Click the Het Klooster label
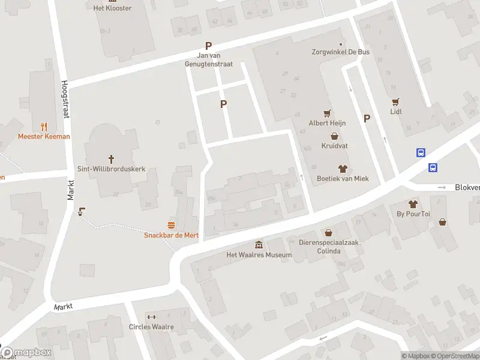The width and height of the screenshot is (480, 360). click(x=112, y=8)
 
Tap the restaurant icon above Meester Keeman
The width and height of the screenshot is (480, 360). click(x=44, y=127)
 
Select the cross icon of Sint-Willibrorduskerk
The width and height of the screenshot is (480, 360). click(x=111, y=159)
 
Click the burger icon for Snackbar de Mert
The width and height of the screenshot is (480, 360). click(x=172, y=225)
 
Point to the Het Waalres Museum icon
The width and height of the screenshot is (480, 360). click(x=259, y=245)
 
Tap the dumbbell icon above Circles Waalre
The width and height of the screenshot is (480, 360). click(x=151, y=317)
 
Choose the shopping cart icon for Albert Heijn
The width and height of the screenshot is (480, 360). click(x=327, y=113)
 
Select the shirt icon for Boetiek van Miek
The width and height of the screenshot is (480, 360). click(x=343, y=169)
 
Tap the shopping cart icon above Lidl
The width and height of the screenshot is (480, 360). click(x=395, y=101)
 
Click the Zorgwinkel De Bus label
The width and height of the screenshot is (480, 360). click(x=340, y=52)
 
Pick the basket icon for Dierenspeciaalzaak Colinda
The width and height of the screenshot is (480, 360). click(x=328, y=233)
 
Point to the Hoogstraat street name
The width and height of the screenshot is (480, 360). click(x=65, y=100)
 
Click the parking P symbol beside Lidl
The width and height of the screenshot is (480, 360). click(x=367, y=119)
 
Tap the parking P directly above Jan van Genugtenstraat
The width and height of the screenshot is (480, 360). click(x=209, y=46)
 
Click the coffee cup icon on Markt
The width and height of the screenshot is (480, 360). click(x=82, y=211)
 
